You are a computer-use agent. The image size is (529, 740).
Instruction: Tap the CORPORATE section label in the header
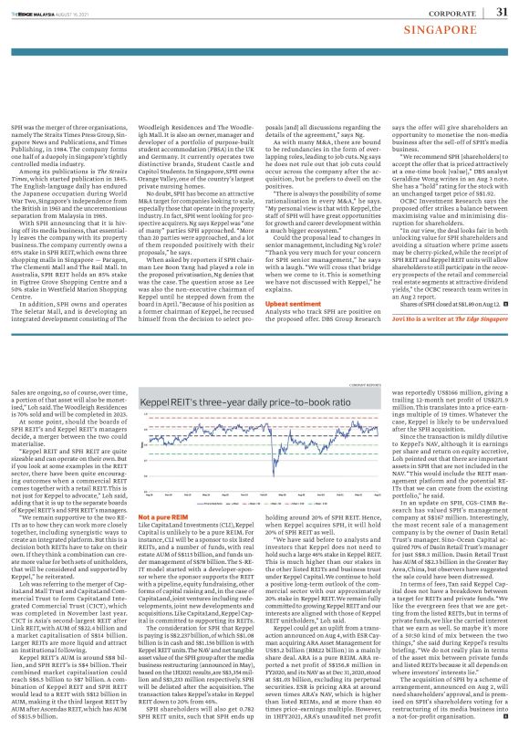tap(447, 14)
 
